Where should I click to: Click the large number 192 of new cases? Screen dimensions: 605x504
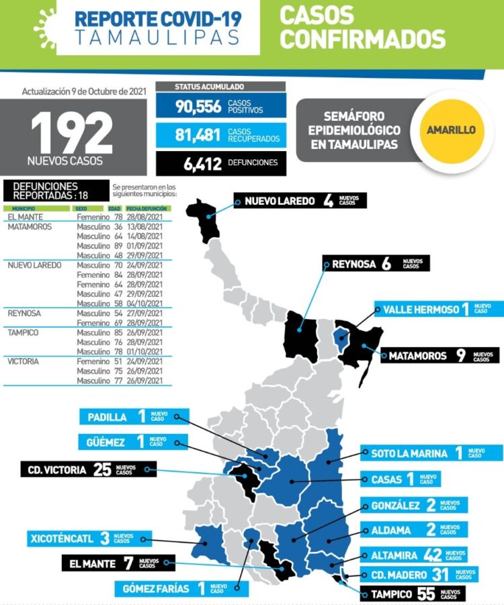tap(72, 132)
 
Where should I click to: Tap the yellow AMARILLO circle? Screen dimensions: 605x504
tap(451, 130)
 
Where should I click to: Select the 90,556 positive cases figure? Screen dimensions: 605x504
tap(198, 106)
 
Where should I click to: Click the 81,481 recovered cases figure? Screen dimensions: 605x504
tap(198, 134)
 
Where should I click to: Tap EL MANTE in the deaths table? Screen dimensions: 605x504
tap(25, 218)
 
